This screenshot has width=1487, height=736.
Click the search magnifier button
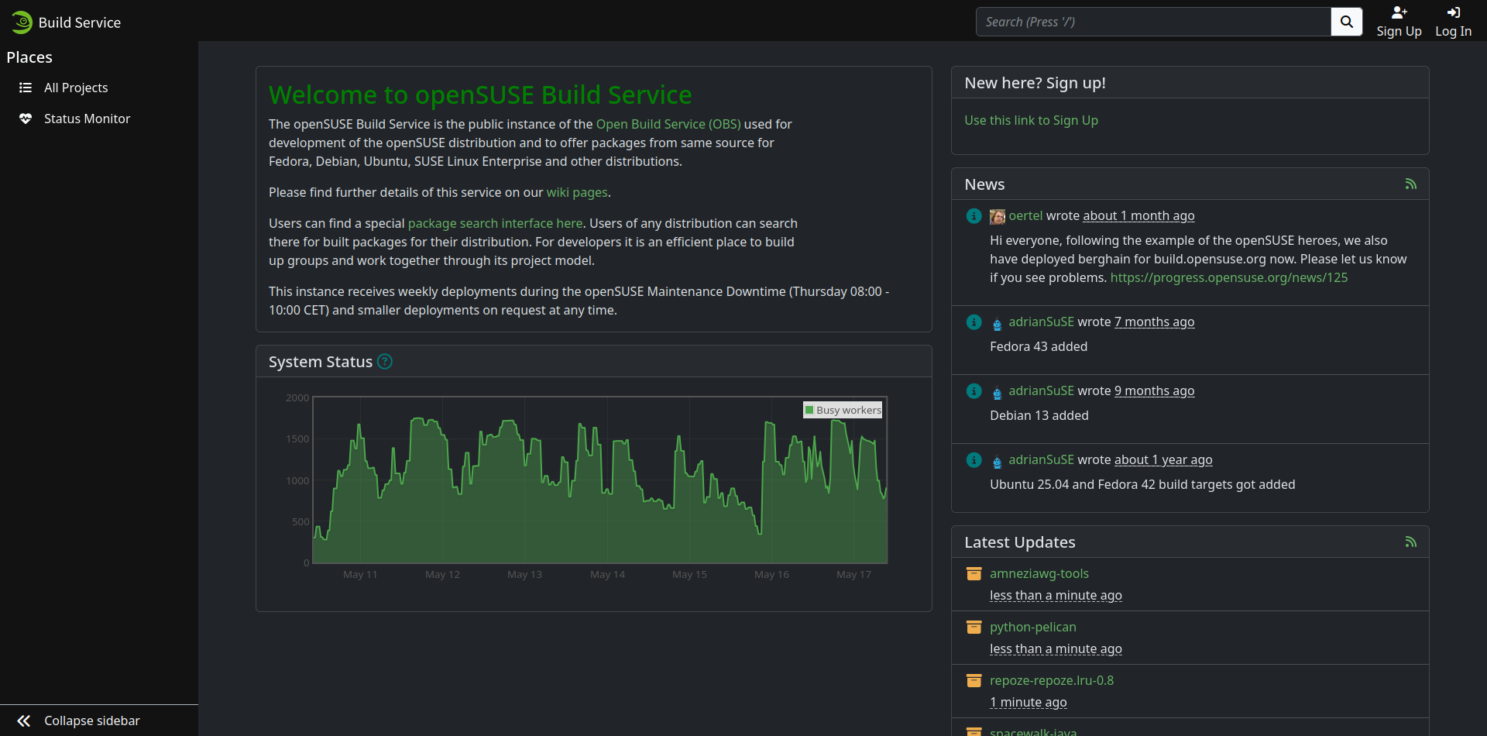pyautogui.click(x=1346, y=22)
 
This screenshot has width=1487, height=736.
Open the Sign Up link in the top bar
pyautogui.click(x=1399, y=22)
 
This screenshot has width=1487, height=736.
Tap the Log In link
pyautogui.click(x=1453, y=22)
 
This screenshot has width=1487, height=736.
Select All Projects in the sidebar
pyautogui.click(x=76, y=88)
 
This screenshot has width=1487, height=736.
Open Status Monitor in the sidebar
pyautogui.click(x=87, y=119)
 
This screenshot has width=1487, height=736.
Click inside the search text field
pyautogui.click(x=1153, y=22)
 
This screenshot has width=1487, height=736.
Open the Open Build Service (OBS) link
pyautogui.click(x=668, y=124)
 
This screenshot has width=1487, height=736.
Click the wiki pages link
pyautogui.click(x=577, y=192)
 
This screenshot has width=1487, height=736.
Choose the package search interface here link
pyautogui.click(x=496, y=223)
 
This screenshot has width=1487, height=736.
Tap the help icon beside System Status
pyautogui.click(x=385, y=362)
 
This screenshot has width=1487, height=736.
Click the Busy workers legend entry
pyautogui.click(x=843, y=410)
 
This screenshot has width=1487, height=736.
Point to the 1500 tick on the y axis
pyautogui.click(x=297, y=439)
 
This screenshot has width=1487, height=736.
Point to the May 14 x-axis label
pyautogui.click(x=607, y=575)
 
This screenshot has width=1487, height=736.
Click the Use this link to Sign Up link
pyautogui.click(x=1031, y=120)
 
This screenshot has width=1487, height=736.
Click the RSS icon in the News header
pyautogui.click(x=1411, y=184)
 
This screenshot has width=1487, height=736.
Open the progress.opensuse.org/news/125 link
pyautogui.click(x=1229, y=277)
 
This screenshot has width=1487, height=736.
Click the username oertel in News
pyautogui.click(x=1025, y=215)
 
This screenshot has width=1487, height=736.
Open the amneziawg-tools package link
pyautogui.click(x=1039, y=573)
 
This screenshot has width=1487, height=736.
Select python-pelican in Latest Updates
pyautogui.click(x=1033, y=627)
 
